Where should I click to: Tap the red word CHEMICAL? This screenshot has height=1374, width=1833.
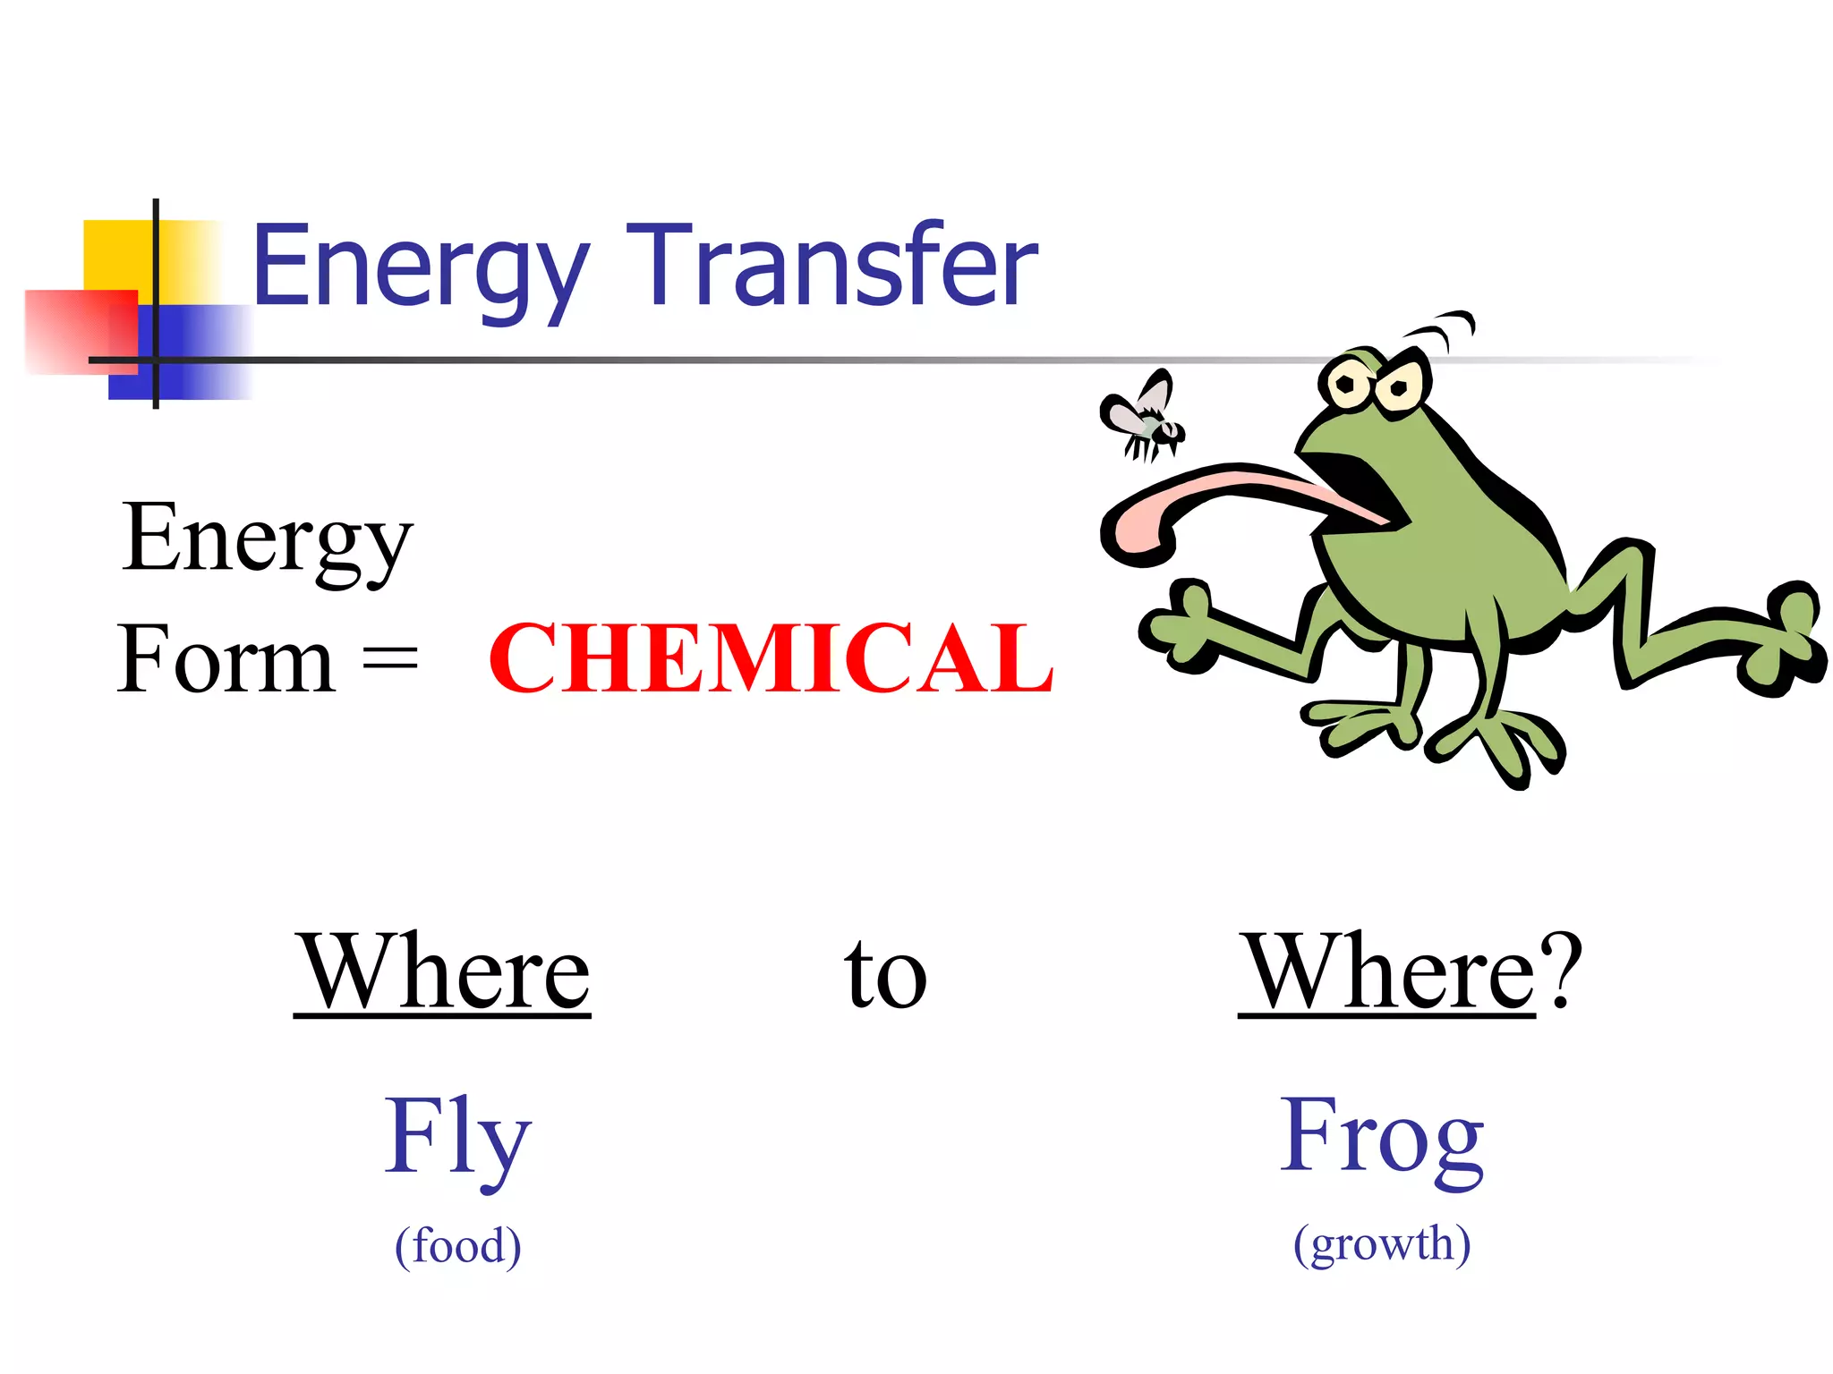point(772,659)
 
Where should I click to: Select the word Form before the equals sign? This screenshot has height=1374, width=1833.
point(226,660)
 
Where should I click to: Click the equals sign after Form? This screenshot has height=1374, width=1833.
point(390,660)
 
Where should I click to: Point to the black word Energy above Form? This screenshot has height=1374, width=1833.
point(267,539)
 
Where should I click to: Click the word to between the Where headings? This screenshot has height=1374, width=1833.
point(885,974)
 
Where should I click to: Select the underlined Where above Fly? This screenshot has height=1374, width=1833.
point(442,972)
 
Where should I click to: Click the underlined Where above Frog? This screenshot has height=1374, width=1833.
point(1387,972)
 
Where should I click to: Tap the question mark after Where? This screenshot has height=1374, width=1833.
point(1560,971)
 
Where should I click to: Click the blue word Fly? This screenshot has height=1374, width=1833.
point(457,1137)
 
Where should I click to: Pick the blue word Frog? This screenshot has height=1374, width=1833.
point(1382,1137)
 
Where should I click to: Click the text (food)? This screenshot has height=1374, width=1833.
point(457,1245)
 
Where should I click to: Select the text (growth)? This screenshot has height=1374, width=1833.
point(1382,1243)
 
